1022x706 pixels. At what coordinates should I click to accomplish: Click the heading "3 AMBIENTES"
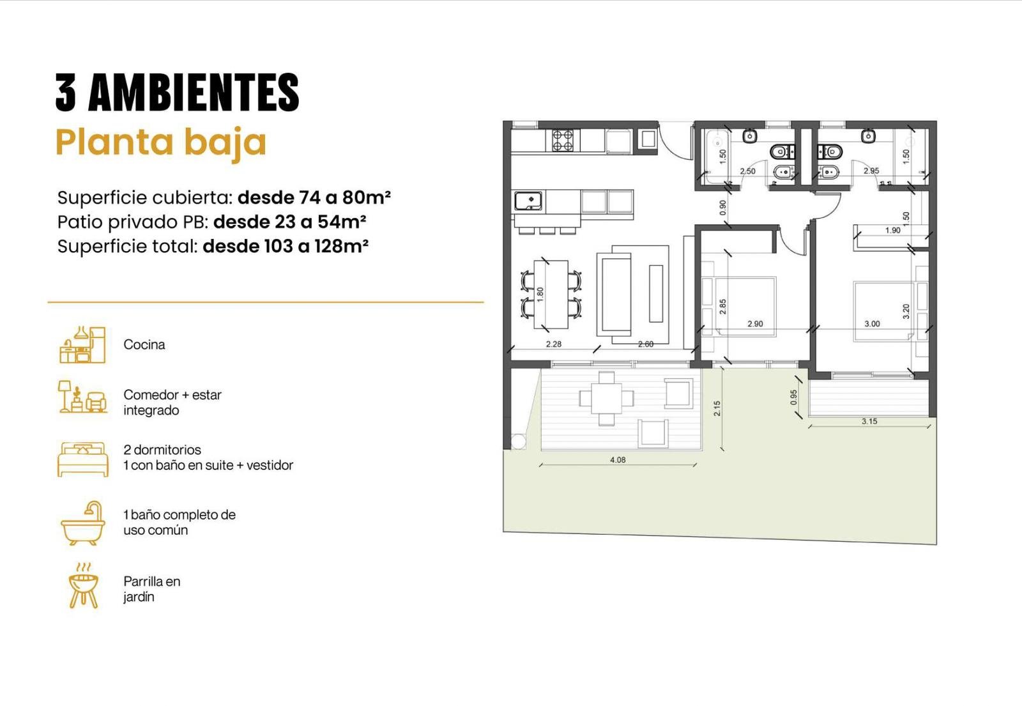coord(177,92)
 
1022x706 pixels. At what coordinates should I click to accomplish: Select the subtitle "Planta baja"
coord(160,143)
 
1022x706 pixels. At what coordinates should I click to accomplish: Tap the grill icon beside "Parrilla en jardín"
coord(83,586)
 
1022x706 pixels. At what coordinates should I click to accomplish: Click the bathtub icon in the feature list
coord(82,523)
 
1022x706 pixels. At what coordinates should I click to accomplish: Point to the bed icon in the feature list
coord(83,459)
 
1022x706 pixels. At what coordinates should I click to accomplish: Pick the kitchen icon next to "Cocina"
coord(82,345)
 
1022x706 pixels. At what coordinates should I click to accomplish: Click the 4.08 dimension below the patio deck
coord(618,460)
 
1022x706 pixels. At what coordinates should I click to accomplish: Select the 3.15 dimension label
coord(869,421)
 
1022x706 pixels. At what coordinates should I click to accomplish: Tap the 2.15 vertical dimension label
coord(717,408)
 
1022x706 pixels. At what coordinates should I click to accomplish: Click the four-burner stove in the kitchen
coord(563,140)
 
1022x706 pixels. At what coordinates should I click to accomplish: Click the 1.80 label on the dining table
coord(540,294)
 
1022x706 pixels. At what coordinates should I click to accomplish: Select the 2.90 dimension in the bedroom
coord(755,323)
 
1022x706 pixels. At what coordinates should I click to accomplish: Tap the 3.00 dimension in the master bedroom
coord(872,323)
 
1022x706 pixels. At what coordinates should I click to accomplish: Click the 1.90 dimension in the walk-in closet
coord(892,231)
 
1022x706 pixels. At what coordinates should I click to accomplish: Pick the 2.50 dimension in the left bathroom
coord(747,171)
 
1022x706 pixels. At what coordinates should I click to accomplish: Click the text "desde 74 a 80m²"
coord(314,197)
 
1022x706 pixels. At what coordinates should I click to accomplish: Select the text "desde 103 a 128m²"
coord(286,247)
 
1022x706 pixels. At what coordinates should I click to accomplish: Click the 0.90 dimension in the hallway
coord(722,208)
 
